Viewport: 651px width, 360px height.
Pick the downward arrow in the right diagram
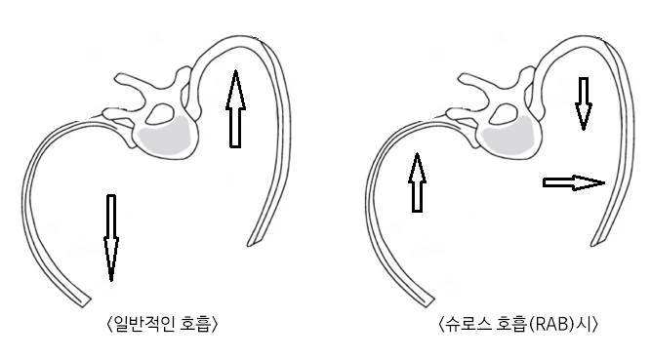click(x=583, y=102)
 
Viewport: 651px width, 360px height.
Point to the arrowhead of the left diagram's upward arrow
click(x=233, y=83)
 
